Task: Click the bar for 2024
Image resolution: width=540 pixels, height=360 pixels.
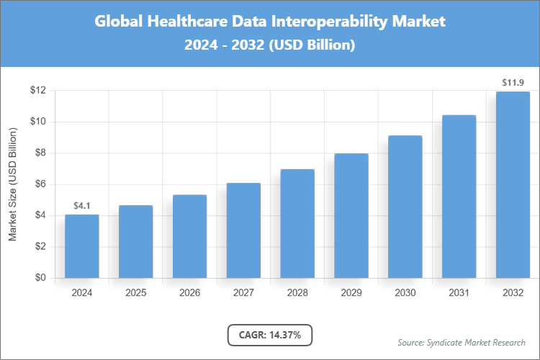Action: click(81, 246)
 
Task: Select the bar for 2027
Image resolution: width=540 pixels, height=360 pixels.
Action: click(243, 230)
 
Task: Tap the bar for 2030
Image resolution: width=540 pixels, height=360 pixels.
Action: click(405, 207)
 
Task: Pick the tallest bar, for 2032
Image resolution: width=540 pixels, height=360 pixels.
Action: click(513, 184)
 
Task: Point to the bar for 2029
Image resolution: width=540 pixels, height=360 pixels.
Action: click(351, 215)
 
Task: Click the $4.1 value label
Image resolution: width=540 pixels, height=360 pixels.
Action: click(81, 206)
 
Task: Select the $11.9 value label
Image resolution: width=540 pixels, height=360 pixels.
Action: click(513, 83)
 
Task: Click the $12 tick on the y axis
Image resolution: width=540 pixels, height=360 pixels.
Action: click(37, 91)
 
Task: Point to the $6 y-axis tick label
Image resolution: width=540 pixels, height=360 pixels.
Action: click(37, 184)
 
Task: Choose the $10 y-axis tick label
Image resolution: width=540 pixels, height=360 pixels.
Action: click(37, 122)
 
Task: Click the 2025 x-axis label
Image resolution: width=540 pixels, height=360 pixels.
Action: click(135, 293)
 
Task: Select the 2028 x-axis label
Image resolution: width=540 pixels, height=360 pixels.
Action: click(297, 293)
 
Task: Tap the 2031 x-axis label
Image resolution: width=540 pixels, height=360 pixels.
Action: click(459, 293)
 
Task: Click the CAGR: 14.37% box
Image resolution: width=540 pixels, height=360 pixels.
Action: click(270, 334)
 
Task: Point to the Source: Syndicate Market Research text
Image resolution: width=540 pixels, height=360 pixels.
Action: click(462, 342)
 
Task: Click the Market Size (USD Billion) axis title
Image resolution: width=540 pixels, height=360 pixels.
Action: click(12, 184)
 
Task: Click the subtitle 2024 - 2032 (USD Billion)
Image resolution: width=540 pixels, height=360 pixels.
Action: click(270, 45)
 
